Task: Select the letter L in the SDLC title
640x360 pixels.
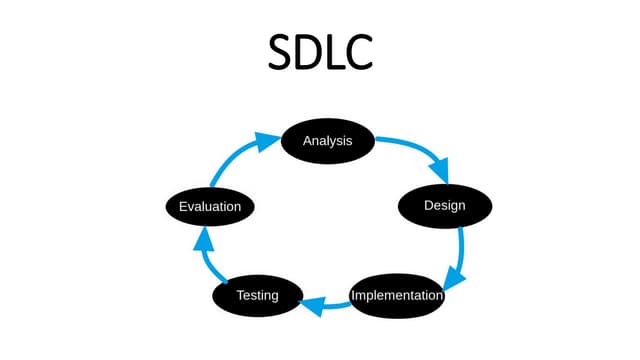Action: pos(334,51)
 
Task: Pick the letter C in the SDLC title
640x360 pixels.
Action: pos(358,51)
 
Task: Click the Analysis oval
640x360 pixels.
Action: pos(327,141)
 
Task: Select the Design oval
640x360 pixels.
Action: pos(445,206)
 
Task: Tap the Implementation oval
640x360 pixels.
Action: pos(397,296)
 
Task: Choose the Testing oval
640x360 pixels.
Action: pos(257,296)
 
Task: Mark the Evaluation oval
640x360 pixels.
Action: pos(209,206)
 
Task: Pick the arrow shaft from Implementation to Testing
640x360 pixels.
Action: pos(335,305)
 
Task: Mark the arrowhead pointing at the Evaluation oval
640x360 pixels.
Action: pos(202,238)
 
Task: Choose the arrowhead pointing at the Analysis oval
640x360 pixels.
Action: pos(264,141)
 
